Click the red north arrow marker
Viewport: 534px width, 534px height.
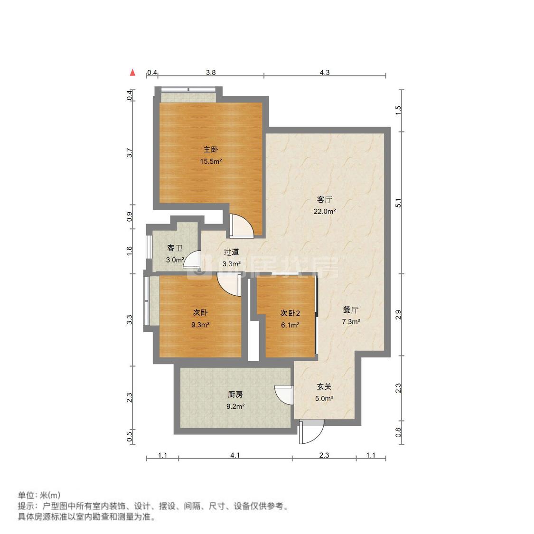pyautogui.click(x=133, y=73)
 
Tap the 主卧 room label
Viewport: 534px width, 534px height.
pyautogui.click(x=211, y=150)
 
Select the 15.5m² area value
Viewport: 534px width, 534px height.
pyautogui.click(x=211, y=161)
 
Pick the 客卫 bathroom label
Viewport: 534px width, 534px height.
pyautogui.click(x=175, y=248)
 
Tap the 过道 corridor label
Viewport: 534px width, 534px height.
pyautogui.click(x=231, y=252)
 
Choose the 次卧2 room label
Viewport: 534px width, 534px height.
pyautogui.click(x=290, y=313)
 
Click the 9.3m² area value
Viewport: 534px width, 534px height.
pyautogui.click(x=200, y=325)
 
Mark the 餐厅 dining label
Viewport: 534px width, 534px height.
pyautogui.click(x=351, y=310)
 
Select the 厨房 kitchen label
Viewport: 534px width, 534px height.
pyautogui.click(x=235, y=394)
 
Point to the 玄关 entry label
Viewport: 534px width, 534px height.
pyautogui.click(x=324, y=387)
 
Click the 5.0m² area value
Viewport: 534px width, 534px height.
pyautogui.click(x=324, y=399)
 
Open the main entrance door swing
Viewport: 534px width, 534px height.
pyautogui.click(x=311, y=432)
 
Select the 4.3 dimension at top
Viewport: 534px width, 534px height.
pyautogui.click(x=325, y=73)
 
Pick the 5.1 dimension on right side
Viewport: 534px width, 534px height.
pyautogui.click(x=399, y=203)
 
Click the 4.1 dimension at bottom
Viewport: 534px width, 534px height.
pyautogui.click(x=235, y=455)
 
